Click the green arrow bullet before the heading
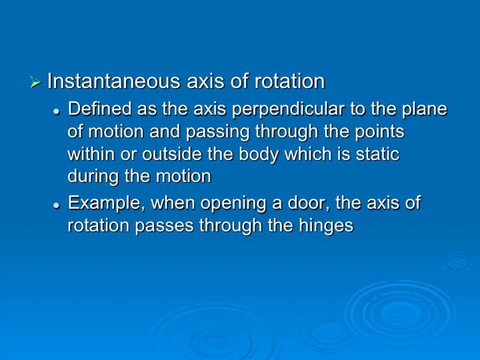pyautogui.click(x=35, y=82)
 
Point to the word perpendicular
pyautogui.click(x=289, y=109)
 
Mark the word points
pyautogui.click(x=379, y=132)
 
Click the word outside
pyautogui.click(x=172, y=154)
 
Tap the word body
pyautogui.click(x=259, y=155)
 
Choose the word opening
pyautogui.click(x=233, y=203)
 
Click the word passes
pyautogui.click(x=164, y=226)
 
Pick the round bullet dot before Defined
pyautogui.click(x=56, y=112)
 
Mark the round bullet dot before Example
pyautogui.click(x=56, y=205)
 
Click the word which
pyautogui.click(x=307, y=154)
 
